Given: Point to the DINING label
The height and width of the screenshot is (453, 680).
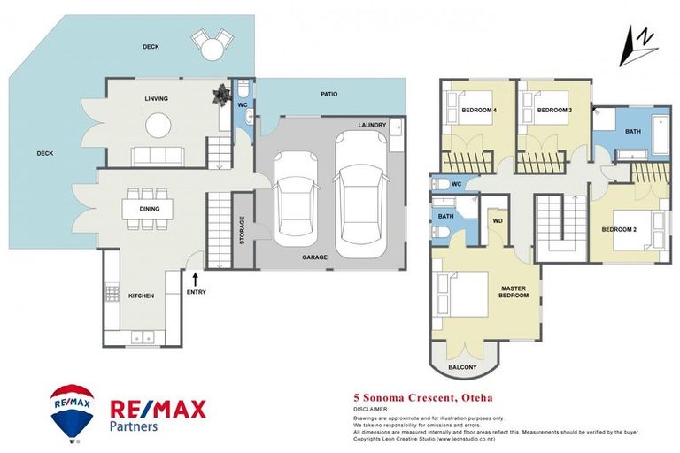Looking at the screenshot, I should pos(149,209).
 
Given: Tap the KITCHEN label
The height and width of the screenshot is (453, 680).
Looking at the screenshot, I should pos(143,296).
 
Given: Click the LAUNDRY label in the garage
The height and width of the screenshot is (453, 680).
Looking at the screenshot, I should pos(372,126).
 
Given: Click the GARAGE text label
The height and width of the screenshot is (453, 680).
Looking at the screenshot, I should pos(314,257).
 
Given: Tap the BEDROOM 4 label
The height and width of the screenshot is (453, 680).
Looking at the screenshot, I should pos(479,110).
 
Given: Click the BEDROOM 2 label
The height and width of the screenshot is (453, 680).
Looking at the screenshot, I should pos(620,230).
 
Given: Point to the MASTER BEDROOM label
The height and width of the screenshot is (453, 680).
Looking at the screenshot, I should pos(514,291).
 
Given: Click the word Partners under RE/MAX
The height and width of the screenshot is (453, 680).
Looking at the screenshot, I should pos(134,426).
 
